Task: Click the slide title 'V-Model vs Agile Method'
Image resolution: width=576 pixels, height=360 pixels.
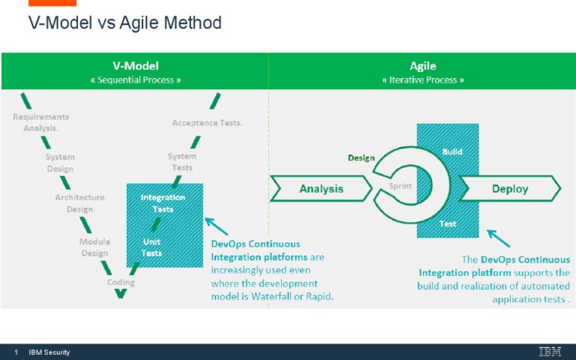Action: (x=124, y=23)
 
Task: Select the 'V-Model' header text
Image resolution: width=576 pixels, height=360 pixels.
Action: (x=135, y=66)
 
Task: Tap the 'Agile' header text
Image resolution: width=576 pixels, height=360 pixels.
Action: (x=422, y=66)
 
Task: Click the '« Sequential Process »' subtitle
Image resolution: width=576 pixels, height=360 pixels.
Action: (x=135, y=79)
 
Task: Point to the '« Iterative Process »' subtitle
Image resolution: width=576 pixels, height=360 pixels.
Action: (x=422, y=79)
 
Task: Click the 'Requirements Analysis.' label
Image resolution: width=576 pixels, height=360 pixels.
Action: (x=40, y=122)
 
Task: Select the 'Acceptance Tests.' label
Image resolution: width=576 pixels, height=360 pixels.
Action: (x=207, y=123)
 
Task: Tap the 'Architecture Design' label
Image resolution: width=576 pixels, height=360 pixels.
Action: (x=79, y=203)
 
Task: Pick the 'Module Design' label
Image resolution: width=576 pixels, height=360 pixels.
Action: (x=94, y=247)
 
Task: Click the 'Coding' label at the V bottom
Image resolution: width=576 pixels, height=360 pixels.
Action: (x=121, y=283)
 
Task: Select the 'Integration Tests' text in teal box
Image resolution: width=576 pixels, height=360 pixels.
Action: (x=163, y=203)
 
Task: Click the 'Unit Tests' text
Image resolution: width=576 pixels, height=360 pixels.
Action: (x=152, y=247)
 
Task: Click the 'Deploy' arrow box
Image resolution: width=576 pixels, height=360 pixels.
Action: (x=510, y=189)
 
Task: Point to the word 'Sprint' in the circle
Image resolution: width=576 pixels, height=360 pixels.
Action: (x=400, y=186)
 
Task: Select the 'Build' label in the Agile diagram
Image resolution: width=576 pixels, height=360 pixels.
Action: (x=452, y=151)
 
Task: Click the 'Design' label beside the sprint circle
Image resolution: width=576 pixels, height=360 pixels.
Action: (x=361, y=158)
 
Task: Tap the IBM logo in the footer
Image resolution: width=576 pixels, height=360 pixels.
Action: (x=549, y=352)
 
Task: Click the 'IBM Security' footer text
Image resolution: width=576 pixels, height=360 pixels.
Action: (x=49, y=352)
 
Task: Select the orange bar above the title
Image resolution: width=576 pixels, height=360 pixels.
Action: (x=52, y=3)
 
